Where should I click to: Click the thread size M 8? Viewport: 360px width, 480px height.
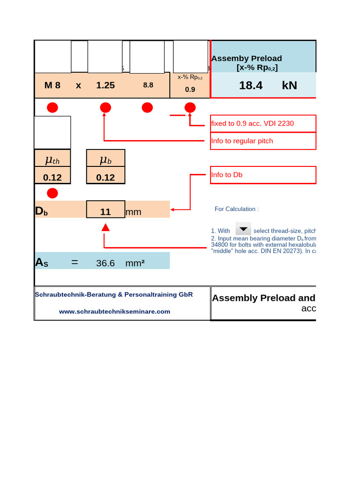52,85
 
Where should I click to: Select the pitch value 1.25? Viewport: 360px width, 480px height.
105,85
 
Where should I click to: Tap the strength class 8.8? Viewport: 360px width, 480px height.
148,85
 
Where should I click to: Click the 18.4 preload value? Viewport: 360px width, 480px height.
251,85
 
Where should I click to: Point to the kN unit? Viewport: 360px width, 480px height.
290,85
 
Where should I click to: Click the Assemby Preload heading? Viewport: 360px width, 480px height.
247,59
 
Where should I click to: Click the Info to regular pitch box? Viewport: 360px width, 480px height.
263,141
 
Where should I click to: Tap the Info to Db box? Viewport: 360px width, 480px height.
263,175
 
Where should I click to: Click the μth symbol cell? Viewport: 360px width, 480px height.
52,160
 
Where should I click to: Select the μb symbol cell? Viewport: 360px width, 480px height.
105,160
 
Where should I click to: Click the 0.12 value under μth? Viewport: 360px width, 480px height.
52,178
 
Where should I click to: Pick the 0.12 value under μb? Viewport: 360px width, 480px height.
105,178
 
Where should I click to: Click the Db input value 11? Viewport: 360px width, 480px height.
105,212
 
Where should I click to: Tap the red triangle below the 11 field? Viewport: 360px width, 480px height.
105,228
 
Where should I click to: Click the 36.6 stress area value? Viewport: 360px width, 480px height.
105,263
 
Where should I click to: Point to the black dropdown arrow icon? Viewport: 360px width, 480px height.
243,229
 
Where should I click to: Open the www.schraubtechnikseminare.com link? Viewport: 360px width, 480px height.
114,311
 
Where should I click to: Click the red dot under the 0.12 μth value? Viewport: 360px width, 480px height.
52,193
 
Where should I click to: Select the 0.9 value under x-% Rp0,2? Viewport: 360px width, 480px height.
190,89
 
